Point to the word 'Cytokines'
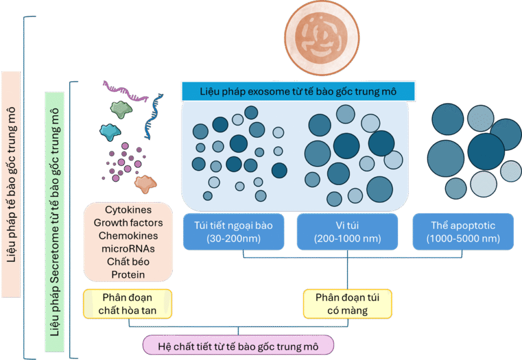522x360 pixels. click(x=128, y=210)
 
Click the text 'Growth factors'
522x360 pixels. click(x=128, y=223)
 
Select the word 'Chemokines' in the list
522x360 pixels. click(x=128, y=236)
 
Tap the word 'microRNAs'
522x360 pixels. click(x=128, y=249)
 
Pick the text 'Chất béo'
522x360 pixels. click(x=128, y=262)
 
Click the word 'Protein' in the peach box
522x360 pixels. click(x=128, y=275)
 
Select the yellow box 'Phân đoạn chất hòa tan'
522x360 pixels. click(x=127, y=304)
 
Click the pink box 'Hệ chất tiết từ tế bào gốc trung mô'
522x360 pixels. click(x=238, y=346)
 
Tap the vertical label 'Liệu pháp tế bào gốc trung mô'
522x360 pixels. click(x=11, y=184)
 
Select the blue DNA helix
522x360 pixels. click(x=153, y=118)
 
